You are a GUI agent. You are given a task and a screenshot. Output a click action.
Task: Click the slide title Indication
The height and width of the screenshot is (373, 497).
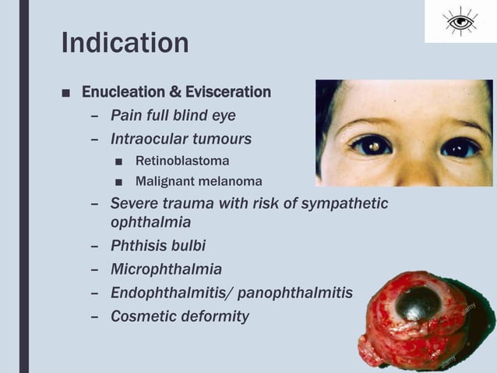[125, 43]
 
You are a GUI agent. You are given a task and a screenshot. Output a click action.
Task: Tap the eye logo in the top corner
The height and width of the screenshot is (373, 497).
[460, 21]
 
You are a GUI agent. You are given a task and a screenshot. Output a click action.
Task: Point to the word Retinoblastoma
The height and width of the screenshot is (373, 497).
[182, 162]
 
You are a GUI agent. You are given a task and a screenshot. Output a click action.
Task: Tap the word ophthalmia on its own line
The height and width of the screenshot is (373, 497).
[150, 222]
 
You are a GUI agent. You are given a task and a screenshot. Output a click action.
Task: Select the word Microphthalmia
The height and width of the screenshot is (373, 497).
[166, 269]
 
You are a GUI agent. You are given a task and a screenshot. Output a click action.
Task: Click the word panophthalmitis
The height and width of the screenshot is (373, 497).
[294, 293]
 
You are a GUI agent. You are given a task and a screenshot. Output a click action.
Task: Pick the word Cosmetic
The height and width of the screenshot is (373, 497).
[141, 316]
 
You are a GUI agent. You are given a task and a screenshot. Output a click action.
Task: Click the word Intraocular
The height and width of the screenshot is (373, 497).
[147, 139]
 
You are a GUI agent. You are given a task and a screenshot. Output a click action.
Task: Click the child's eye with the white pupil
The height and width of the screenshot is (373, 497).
[371, 145]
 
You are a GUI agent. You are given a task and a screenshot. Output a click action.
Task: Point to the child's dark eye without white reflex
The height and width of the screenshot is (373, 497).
[460, 147]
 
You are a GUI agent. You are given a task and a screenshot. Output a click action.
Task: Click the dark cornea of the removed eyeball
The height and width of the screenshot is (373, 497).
[418, 304]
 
